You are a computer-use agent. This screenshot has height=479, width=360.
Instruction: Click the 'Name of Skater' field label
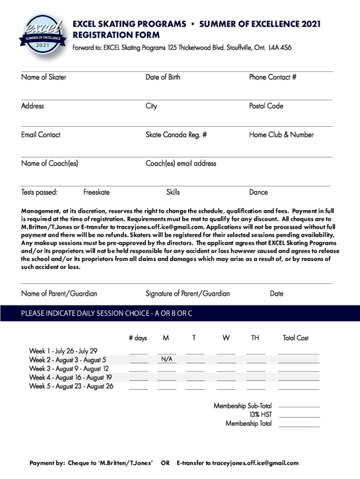[x=43, y=77]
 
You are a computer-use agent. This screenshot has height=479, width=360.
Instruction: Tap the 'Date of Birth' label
[x=163, y=77]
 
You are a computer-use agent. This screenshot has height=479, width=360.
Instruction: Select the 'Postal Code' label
[x=266, y=106]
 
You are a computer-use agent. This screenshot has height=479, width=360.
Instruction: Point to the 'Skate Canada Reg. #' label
[x=176, y=135]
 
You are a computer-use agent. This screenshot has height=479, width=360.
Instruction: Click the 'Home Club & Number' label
[x=281, y=135]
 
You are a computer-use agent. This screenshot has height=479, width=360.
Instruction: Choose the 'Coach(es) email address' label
[x=181, y=163]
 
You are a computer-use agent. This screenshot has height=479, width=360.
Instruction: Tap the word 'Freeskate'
[x=97, y=192]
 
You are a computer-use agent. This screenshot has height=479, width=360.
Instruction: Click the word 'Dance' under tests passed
[x=259, y=192]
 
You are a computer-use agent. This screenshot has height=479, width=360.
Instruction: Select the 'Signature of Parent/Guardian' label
[x=187, y=294]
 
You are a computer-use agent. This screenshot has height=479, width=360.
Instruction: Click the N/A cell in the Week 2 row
[x=167, y=359]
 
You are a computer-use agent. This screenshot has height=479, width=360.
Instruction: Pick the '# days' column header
[x=138, y=338]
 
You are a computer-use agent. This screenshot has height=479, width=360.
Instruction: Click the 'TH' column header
[x=255, y=338]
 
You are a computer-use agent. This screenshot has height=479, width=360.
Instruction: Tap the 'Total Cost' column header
[x=295, y=338]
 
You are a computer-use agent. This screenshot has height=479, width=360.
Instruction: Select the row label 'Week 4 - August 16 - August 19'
[x=71, y=377]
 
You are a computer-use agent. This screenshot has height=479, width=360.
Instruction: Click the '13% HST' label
[x=260, y=414]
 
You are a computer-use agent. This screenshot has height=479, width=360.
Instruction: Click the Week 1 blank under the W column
[x=226, y=352]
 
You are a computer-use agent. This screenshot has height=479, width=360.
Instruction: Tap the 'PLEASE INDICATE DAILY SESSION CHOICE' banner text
[x=107, y=313]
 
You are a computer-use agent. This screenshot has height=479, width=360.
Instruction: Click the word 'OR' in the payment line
[x=165, y=463]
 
